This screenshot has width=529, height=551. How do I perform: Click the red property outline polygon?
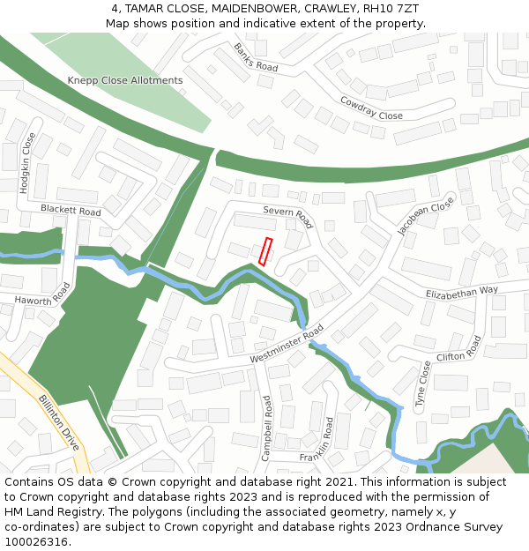(x=266, y=251)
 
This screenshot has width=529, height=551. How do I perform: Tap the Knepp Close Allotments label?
(x=125, y=80)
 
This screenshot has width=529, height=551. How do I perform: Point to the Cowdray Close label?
(x=371, y=108)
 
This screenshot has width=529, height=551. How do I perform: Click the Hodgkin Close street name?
(x=27, y=163)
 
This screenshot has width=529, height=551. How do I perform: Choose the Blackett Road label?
(x=71, y=211)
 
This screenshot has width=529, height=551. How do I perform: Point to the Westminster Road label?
(x=287, y=345)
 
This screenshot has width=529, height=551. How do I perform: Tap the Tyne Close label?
(x=424, y=383)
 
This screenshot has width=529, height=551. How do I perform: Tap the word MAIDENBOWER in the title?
(x=251, y=9)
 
